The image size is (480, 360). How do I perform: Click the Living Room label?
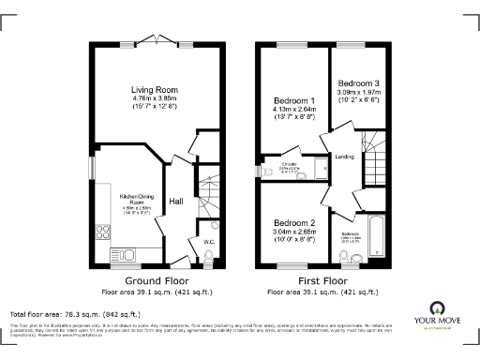[155, 90]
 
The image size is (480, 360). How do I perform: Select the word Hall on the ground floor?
[175, 202]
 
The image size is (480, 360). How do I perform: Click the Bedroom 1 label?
[294, 100]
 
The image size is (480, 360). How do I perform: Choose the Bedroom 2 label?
[294, 222]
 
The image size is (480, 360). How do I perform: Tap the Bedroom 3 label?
[360, 82]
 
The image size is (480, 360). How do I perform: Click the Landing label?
[344, 157]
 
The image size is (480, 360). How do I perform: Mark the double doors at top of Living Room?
[155, 40]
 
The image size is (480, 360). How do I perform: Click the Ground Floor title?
[155, 280]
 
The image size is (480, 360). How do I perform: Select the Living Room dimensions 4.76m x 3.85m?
[155, 98]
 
